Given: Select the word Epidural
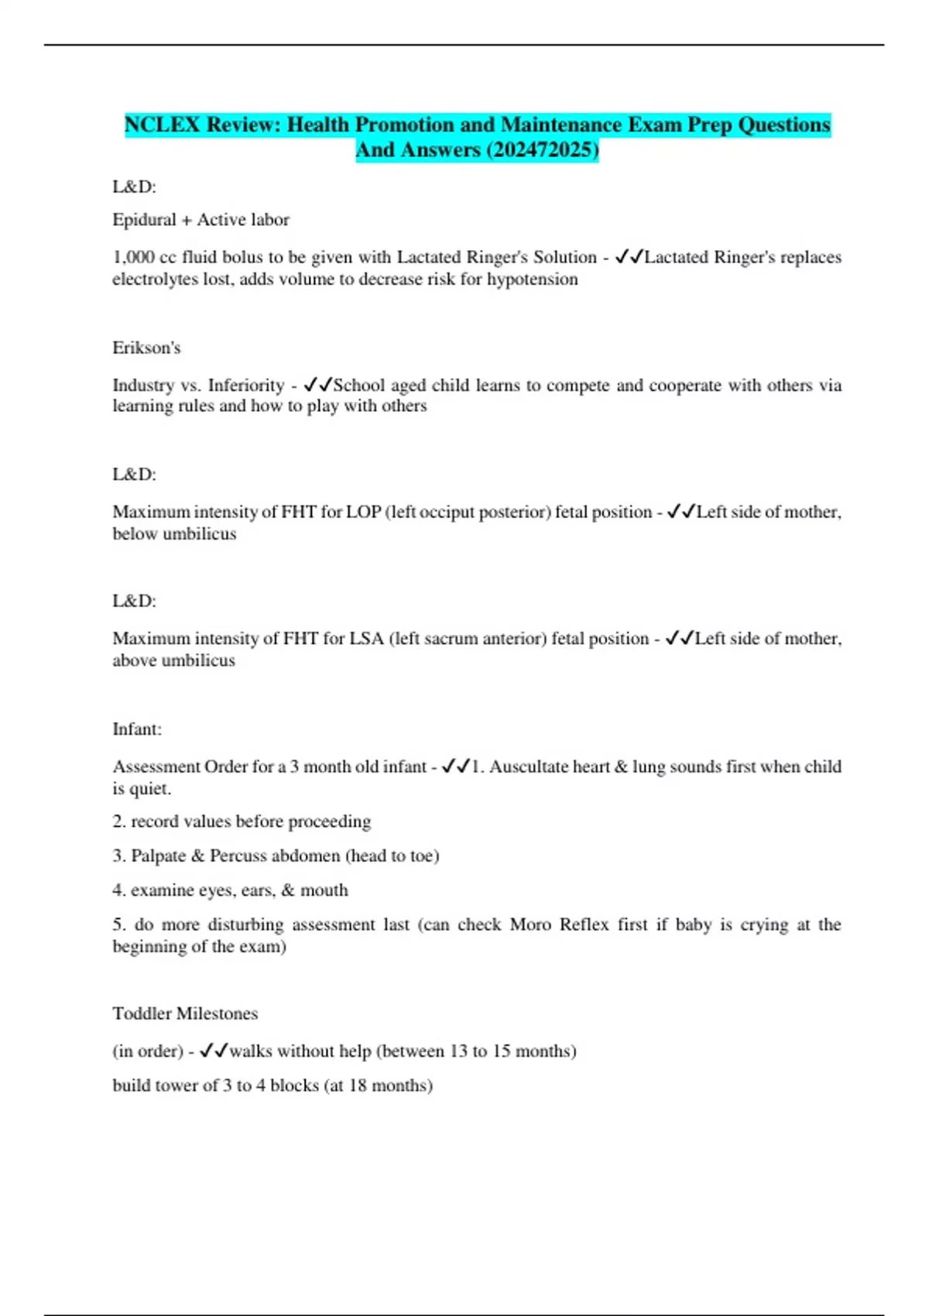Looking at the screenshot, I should (144, 220).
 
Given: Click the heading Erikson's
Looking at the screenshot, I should (146, 348).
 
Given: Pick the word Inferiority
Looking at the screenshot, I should (246, 385).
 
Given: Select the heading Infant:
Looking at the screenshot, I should (137, 729).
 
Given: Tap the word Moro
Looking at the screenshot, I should (530, 924).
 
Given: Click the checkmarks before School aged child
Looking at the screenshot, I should (317, 385).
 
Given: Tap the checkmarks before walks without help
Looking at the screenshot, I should (213, 1050).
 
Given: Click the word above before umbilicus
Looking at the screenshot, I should (135, 660).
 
